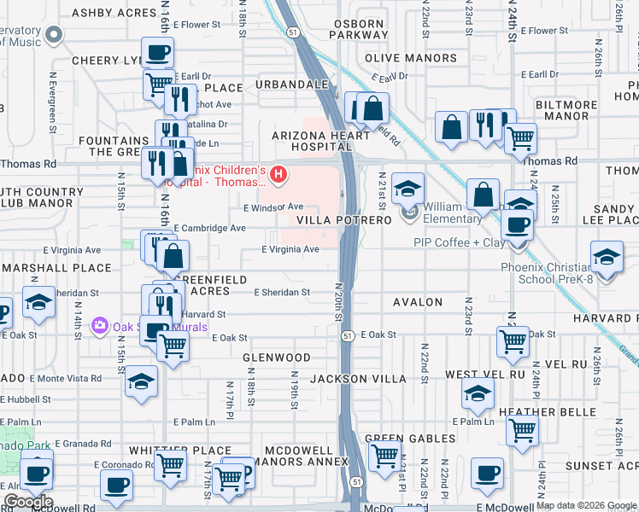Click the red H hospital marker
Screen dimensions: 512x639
(278, 175)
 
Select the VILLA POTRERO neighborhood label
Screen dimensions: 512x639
(343, 219)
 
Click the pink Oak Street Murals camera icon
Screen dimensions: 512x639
(100, 324)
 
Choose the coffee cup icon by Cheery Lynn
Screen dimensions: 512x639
(157, 53)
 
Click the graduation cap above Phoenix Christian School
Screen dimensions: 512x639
(607, 258)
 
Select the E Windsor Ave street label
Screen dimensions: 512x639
(273, 207)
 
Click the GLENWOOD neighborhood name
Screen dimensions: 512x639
(277, 357)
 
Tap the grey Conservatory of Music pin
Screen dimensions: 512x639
(54, 35)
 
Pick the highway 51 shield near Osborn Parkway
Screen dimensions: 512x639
(292, 31)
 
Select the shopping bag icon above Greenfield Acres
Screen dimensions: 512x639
(173, 255)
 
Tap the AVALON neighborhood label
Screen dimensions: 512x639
(417, 302)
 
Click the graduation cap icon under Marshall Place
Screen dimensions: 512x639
(38, 303)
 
